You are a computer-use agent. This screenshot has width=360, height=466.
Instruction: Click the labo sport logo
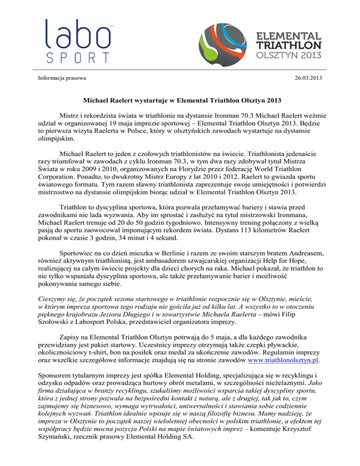pyautogui.click(x=77, y=41)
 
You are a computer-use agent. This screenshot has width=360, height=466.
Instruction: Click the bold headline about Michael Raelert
pyautogui.click(x=180, y=100)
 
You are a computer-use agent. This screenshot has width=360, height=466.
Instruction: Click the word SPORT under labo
pyautogui.click(x=77, y=58)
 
